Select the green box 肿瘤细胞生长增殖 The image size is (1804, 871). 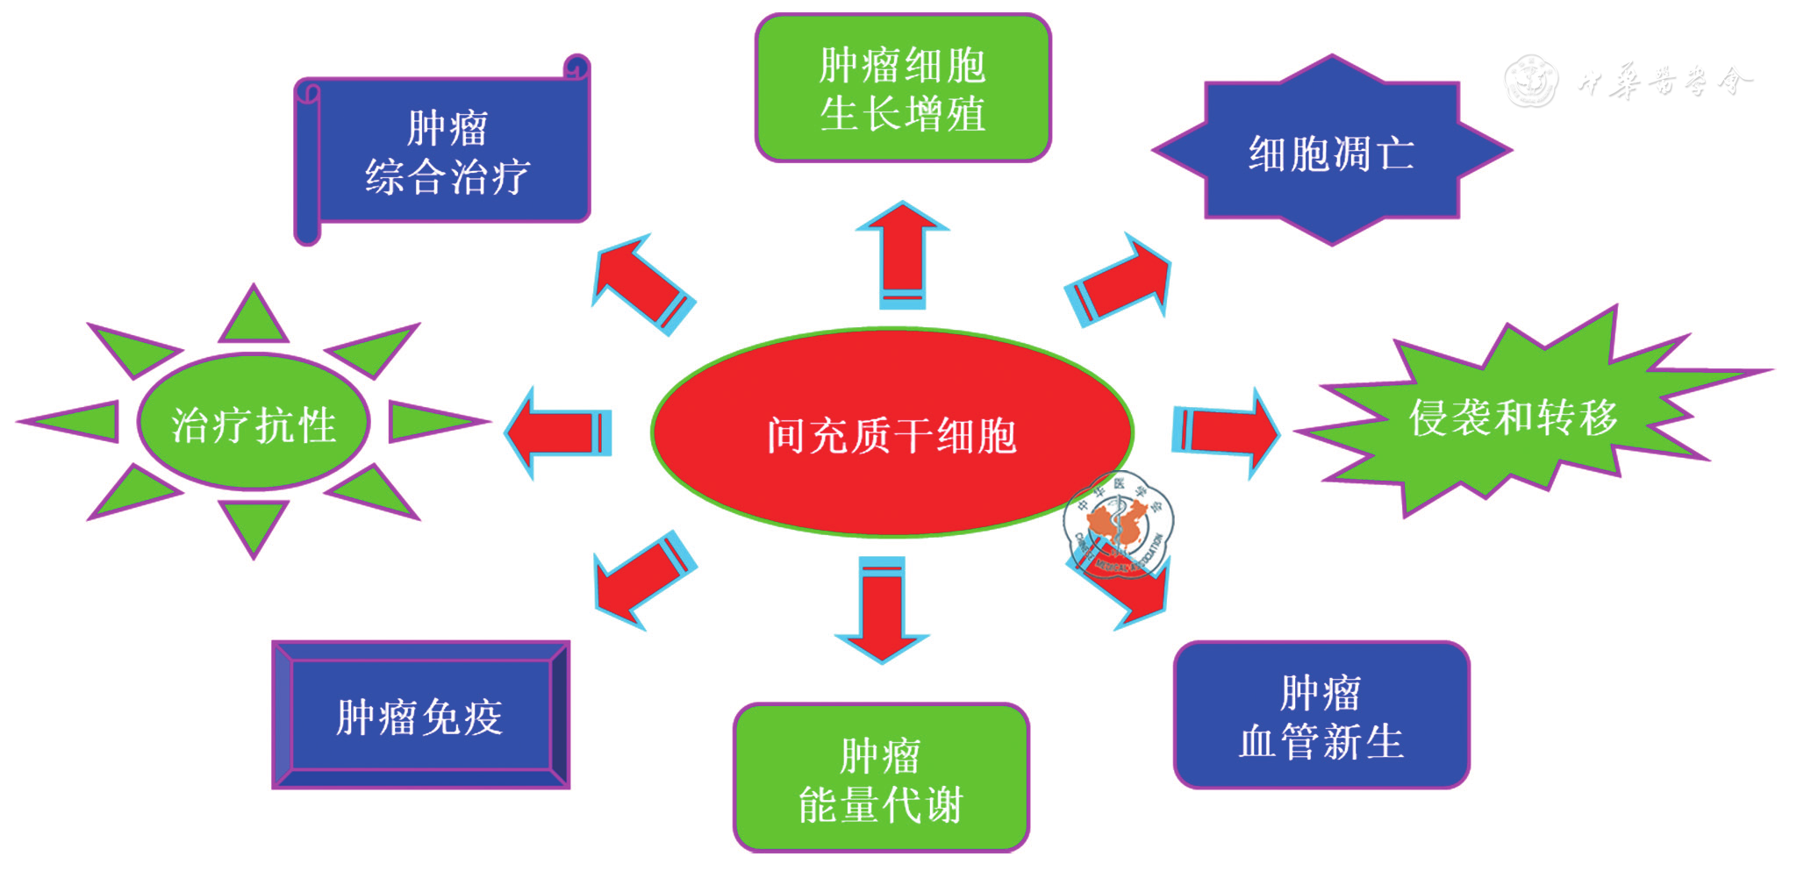pos(903,88)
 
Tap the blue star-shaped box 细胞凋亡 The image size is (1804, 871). pos(1331,152)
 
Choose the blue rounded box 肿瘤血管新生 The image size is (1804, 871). pos(1321,715)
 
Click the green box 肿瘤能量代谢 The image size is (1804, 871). pos(881,778)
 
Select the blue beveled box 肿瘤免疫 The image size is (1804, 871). pos(420,715)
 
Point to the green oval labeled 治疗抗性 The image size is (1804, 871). pos(254,423)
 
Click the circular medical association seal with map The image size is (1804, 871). pos(1118,525)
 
